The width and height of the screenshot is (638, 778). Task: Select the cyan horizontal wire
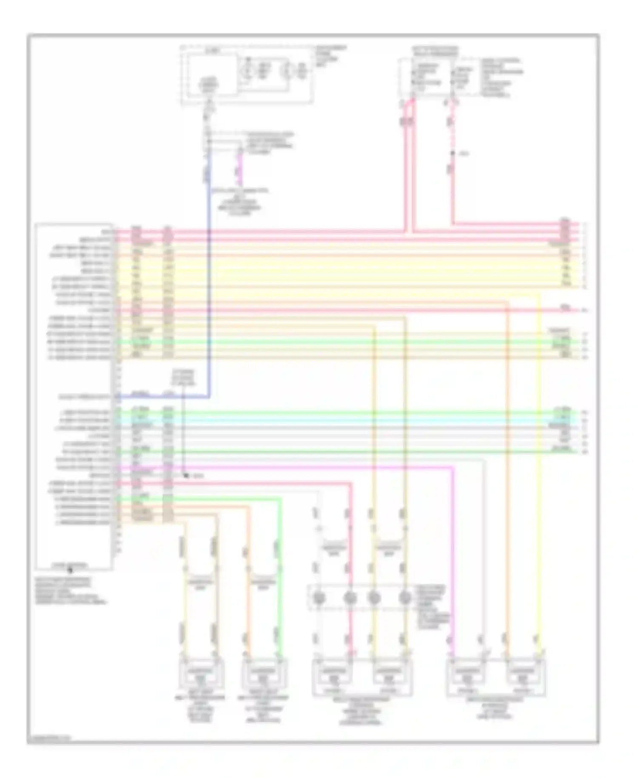pos(340,420)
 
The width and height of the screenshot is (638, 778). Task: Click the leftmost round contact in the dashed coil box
pos(319,598)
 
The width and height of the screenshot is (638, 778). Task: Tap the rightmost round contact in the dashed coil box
pos(404,598)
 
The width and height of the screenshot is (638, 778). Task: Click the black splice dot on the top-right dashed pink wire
pos(453,153)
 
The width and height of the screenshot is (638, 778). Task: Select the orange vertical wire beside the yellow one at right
pos(507,468)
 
